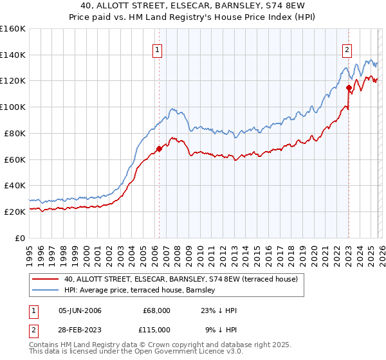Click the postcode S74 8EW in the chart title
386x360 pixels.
pyautogui.click(x=276, y=7)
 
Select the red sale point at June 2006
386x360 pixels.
pyautogui.click(x=159, y=148)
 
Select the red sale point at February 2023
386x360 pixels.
pyautogui.click(x=349, y=87)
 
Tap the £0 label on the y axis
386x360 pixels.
pyautogui.click(x=21, y=238)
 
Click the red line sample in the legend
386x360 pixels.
pyautogui.click(x=46, y=280)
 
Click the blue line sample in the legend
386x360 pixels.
pyautogui.click(x=46, y=291)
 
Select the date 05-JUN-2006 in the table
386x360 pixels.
pyautogui.click(x=80, y=310)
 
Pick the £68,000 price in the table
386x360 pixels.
pyautogui.click(x=156, y=310)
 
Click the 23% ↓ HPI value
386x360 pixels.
pyautogui.click(x=218, y=310)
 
